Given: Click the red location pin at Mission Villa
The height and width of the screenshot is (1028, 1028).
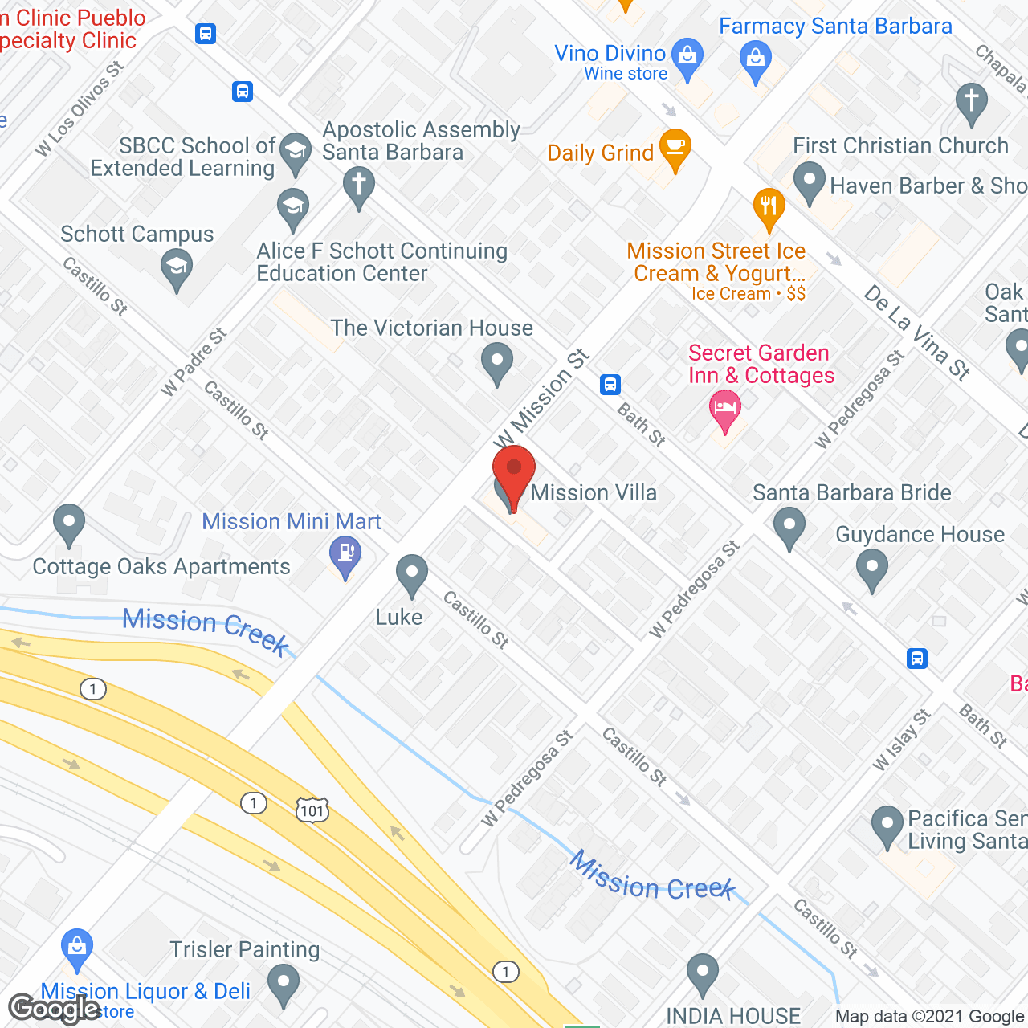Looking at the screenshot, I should pyautogui.click(x=513, y=474).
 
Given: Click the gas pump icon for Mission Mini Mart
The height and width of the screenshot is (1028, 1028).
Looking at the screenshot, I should pyautogui.click(x=346, y=555).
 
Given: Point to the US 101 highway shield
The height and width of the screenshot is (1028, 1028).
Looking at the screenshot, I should pyautogui.click(x=312, y=810).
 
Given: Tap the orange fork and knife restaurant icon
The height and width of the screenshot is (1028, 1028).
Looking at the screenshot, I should pyautogui.click(x=769, y=206).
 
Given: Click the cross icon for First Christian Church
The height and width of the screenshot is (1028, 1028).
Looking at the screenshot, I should pyautogui.click(x=972, y=102).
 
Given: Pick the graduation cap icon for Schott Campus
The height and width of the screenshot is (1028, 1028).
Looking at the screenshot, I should pyautogui.click(x=177, y=267).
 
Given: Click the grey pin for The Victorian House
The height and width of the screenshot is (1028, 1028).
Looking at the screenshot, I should pyautogui.click(x=497, y=361).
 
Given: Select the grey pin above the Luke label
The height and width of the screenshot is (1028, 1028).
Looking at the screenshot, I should pyautogui.click(x=412, y=574).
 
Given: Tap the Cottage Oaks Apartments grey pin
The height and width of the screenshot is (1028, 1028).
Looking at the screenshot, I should pyautogui.click(x=69, y=523).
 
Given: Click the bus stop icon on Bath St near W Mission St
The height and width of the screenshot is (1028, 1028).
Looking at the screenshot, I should pyautogui.click(x=610, y=385).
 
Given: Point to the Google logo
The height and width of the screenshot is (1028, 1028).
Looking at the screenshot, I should pyautogui.click(x=54, y=1008).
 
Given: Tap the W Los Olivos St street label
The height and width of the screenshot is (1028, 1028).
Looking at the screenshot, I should pyautogui.click(x=80, y=109).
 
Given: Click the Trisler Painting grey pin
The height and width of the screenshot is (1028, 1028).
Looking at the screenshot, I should pyautogui.click(x=283, y=984).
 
